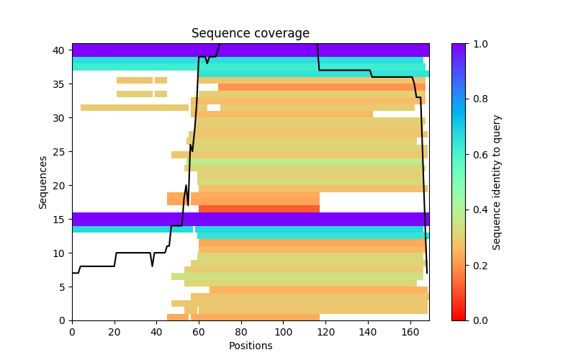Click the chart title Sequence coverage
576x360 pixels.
pyautogui.click(x=250, y=34)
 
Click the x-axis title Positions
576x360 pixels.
pyautogui.click(x=250, y=346)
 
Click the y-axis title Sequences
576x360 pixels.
pyautogui.click(x=43, y=181)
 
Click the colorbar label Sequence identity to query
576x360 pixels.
pyautogui.click(x=497, y=181)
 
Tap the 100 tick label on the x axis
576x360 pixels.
pyautogui.click(x=284, y=332)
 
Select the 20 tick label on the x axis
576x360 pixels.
pyautogui.click(x=114, y=332)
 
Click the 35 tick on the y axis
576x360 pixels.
pyautogui.click(x=72, y=84)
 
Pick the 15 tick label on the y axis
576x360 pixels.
pyautogui.click(x=60, y=219)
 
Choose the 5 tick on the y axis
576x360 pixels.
pyautogui.click(x=72, y=287)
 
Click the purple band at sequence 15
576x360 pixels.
pyautogui.click(x=250, y=219)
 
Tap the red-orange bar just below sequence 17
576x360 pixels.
pyautogui.click(x=259, y=209)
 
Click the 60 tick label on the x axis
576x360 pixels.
pyautogui.click(x=199, y=332)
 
